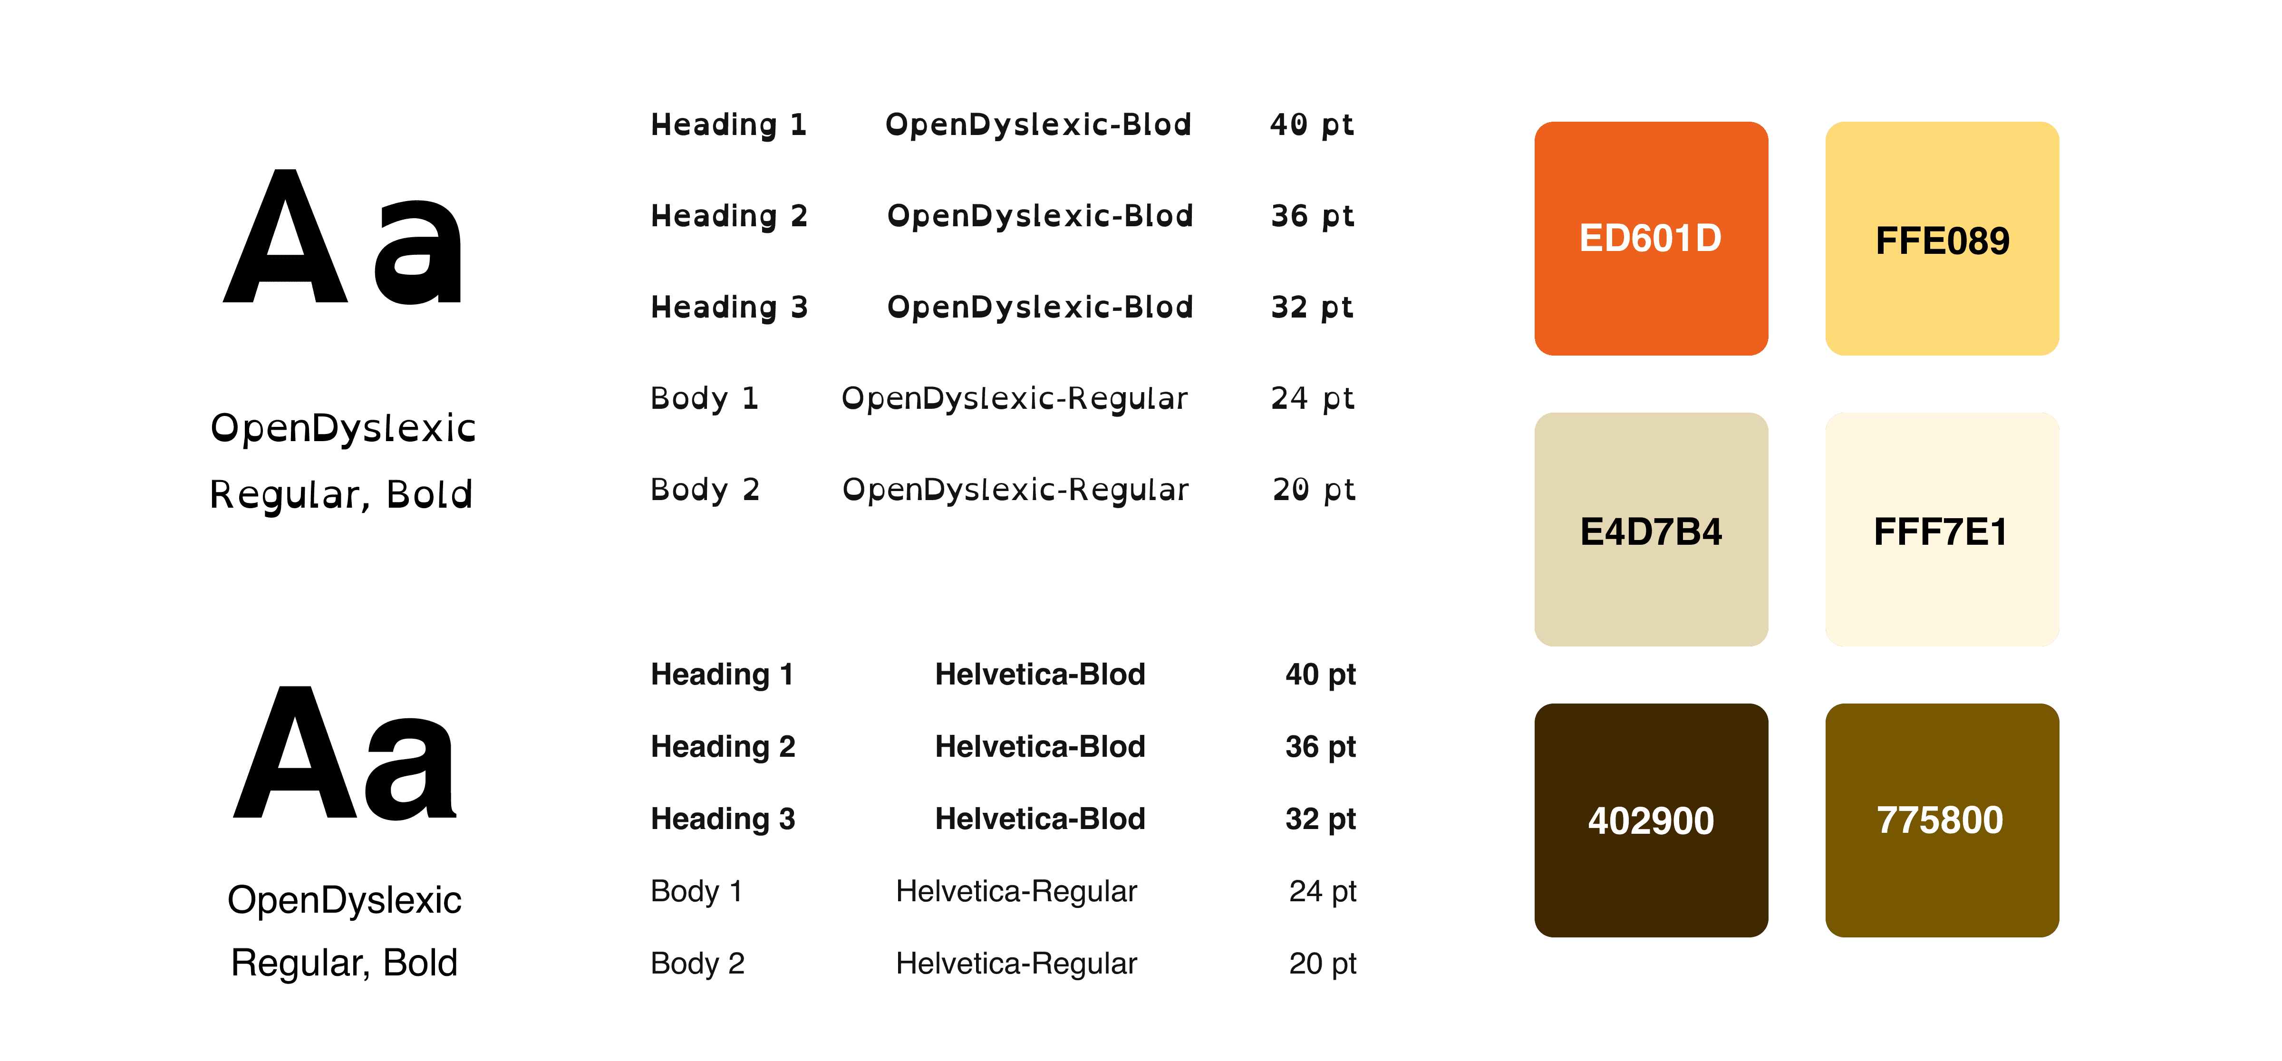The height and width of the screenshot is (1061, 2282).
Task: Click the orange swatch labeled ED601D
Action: (1650, 238)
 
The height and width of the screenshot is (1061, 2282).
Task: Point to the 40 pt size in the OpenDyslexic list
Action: (1311, 125)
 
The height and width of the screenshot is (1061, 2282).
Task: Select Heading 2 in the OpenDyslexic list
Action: (729, 216)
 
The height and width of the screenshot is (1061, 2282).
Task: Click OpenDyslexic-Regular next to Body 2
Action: (1015, 490)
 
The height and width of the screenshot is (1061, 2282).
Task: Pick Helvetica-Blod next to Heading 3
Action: (1040, 819)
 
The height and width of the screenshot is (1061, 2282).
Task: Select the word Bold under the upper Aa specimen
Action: (430, 494)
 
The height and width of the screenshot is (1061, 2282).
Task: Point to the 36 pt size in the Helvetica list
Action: (1320, 747)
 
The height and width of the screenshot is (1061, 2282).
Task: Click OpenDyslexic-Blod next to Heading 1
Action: (1038, 125)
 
